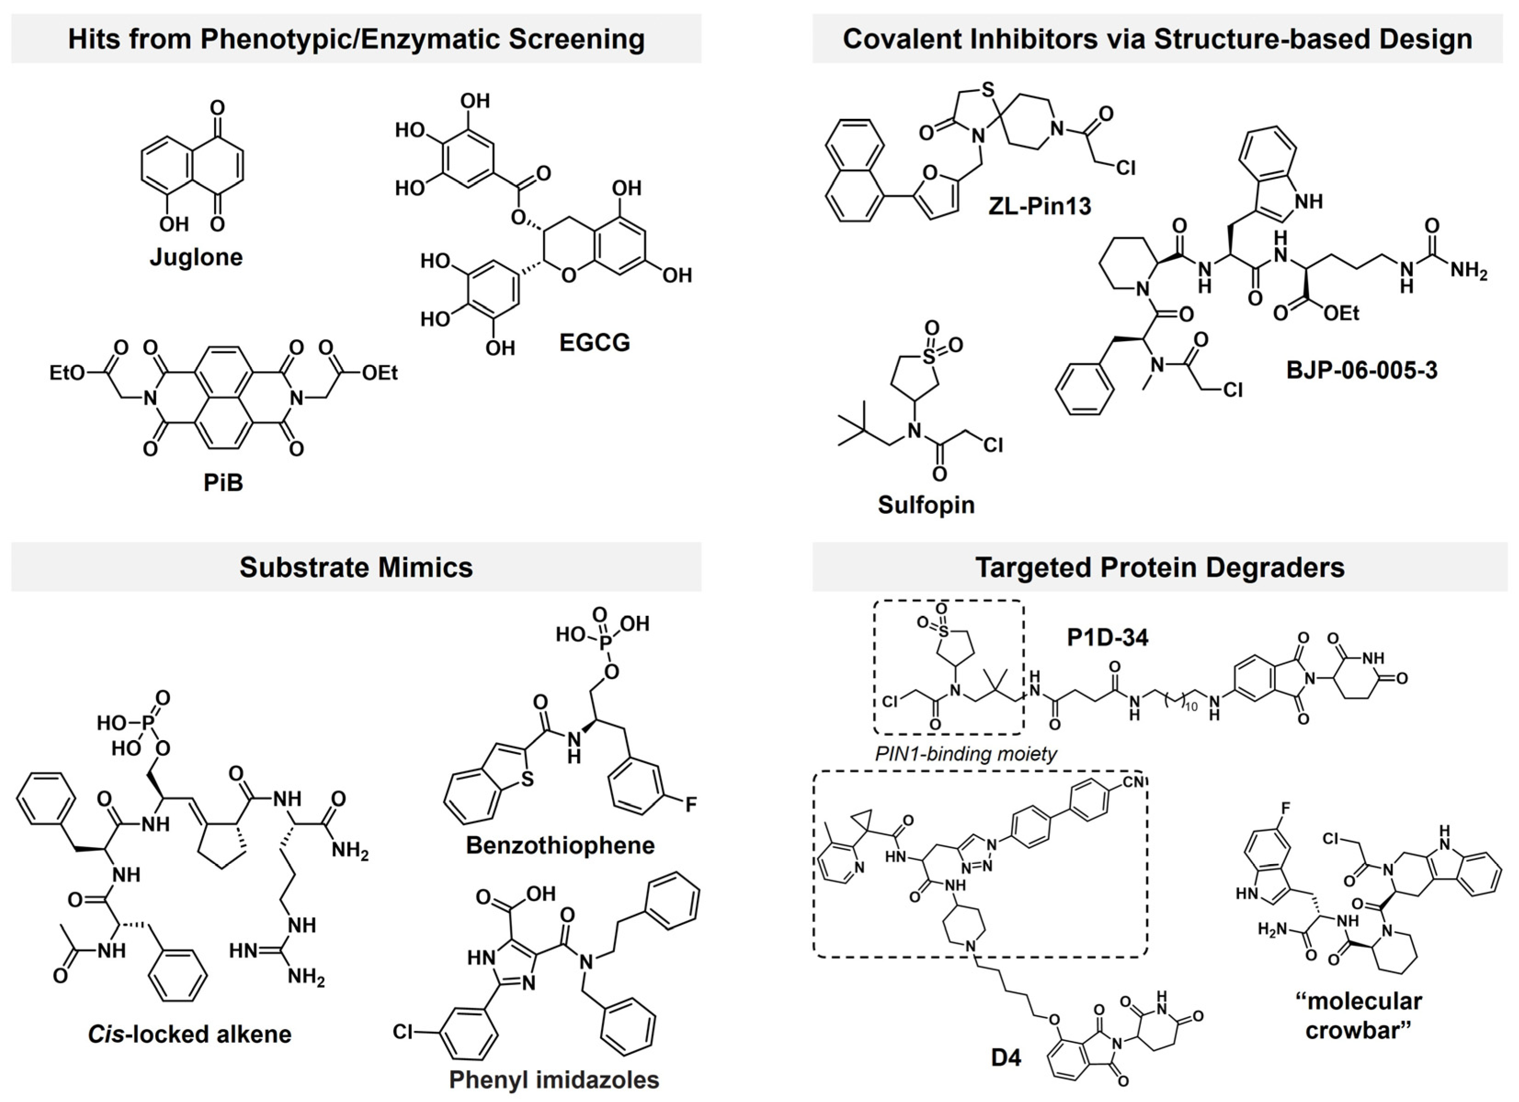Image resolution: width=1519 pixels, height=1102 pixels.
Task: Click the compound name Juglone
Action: (196, 257)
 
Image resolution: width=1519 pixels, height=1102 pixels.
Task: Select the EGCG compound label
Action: (595, 342)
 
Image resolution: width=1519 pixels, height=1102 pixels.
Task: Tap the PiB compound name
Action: (223, 482)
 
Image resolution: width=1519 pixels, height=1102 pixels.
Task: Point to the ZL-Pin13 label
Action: (1039, 206)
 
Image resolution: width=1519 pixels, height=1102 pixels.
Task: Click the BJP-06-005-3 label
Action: (1361, 370)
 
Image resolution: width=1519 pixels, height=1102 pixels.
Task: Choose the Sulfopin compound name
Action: (926, 504)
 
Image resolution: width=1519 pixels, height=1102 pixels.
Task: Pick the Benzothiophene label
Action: (560, 846)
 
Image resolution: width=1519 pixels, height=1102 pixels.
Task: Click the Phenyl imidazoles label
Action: (554, 1079)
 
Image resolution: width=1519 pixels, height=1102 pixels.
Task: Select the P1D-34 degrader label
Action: (1108, 637)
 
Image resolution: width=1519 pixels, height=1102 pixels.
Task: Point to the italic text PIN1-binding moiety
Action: (966, 754)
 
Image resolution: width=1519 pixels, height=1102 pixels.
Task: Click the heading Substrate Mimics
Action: (356, 567)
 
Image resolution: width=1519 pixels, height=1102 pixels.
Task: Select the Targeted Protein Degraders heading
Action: (1159, 567)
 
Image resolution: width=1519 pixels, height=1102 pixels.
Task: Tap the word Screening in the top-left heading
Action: (577, 39)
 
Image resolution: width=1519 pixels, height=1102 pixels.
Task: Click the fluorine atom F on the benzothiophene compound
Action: (691, 804)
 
